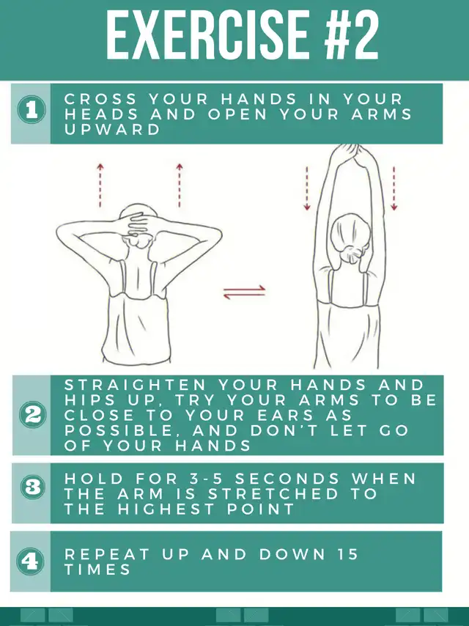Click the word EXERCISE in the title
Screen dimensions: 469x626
point(207,34)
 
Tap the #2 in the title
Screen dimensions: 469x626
point(351,34)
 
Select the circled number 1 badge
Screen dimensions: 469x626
point(31,110)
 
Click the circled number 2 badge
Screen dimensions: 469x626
point(32,415)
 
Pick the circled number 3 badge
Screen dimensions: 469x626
point(33,487)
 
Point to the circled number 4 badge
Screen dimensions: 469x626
point(30,561)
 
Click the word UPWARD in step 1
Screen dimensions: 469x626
point(112,129)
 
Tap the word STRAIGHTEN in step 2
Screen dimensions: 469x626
point(135,385)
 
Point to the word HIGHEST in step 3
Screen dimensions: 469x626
point(166,509)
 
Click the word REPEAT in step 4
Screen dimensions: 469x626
point(106,554)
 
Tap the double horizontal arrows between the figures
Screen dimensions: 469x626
point(244,292)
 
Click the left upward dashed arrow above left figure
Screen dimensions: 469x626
point(100,185)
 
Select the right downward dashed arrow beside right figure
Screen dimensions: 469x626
point(394,188)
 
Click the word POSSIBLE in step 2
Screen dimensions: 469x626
point(119,431)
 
